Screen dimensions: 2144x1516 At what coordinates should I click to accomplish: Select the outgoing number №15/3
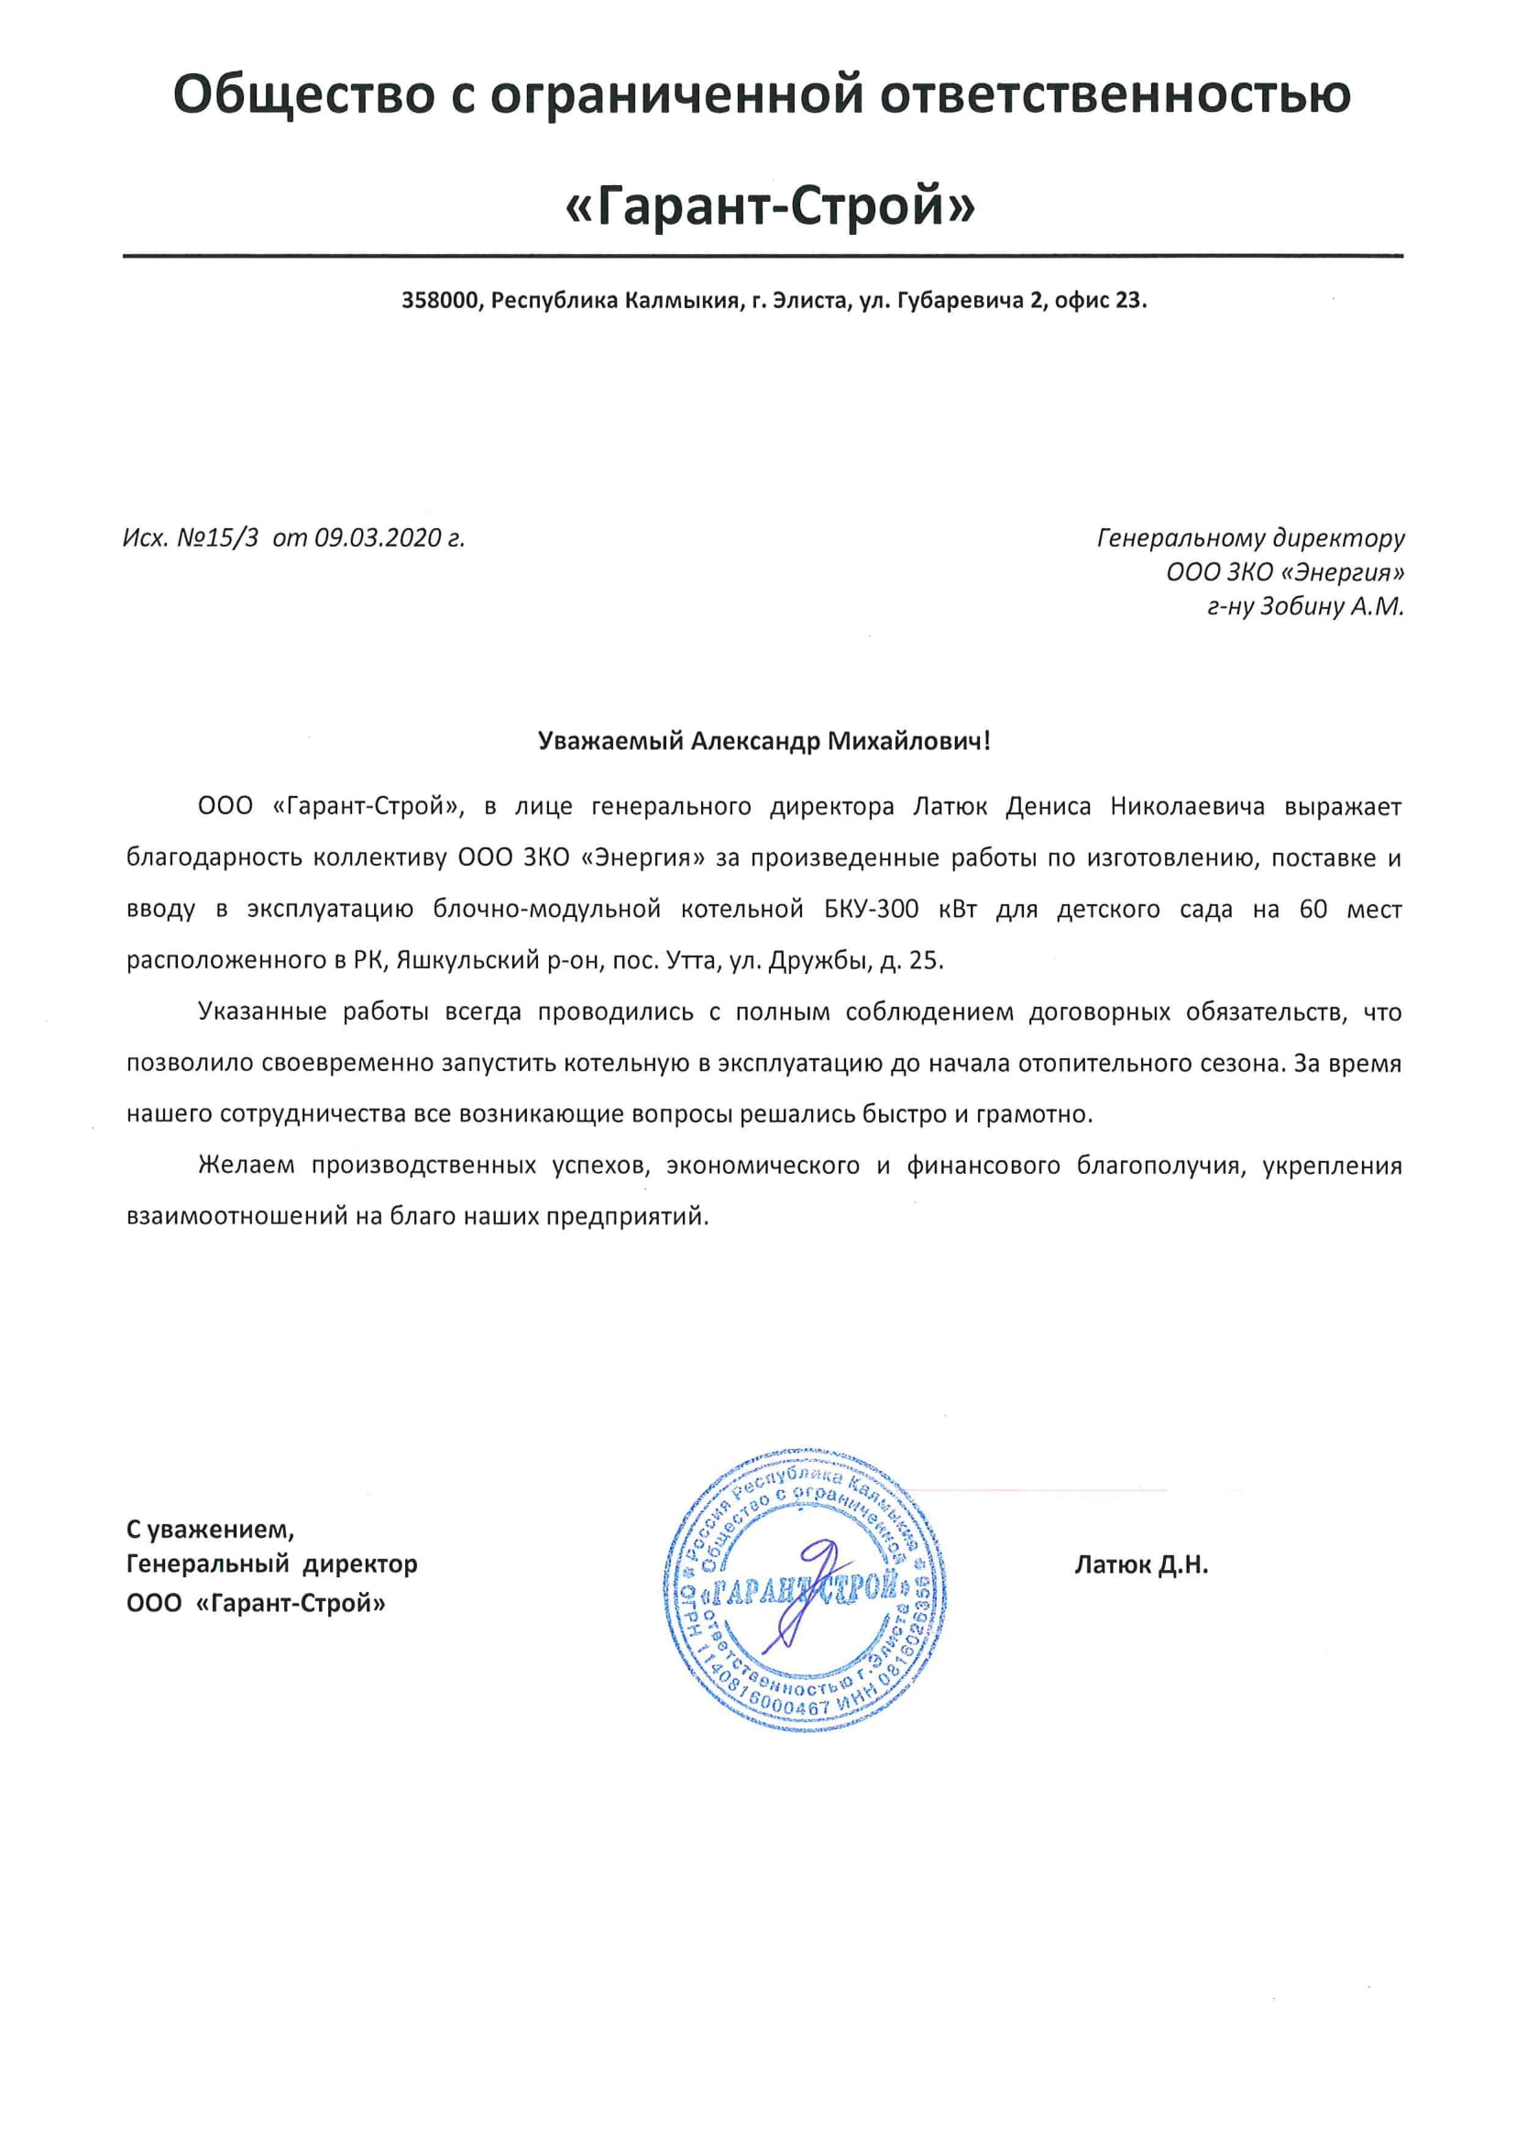click(216, 539)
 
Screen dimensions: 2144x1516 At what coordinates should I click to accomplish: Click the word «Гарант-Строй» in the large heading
click(770, 206)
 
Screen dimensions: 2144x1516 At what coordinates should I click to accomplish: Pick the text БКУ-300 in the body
click(872, 910)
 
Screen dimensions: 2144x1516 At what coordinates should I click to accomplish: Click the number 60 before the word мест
click(1313, 910)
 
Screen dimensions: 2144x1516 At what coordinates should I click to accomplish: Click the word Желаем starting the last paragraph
click(246, 1166)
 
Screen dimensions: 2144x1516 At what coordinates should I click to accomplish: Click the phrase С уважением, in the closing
click(210, 1530)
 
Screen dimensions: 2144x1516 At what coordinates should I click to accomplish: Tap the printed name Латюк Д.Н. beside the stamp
click(1141, 1565)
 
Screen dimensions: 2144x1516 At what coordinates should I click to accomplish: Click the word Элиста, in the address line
click(809, 301)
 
